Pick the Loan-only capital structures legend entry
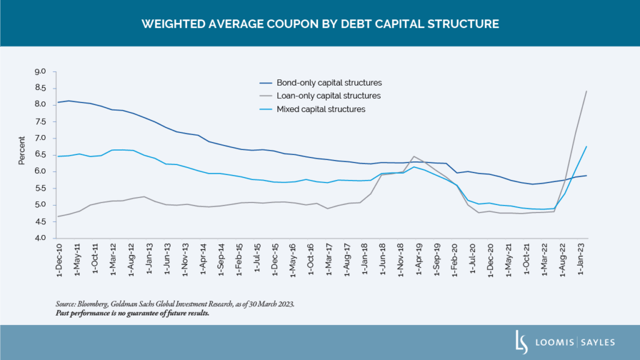click(329, 96)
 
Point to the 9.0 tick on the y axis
click(41, 71)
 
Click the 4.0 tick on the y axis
click(41, 238)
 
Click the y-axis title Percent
click(22, 149)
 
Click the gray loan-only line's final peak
click(586, 91)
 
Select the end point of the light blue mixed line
click(586, 146)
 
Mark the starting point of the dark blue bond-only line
click(58, 102)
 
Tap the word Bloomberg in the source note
click(92, 304)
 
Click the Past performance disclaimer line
click(132, 313)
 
